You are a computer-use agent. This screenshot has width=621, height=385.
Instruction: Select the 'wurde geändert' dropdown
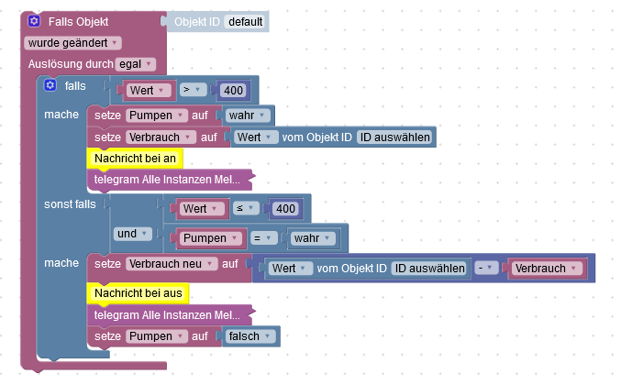point(73,42)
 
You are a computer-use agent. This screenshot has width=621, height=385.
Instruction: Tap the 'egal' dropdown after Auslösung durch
point(136,63)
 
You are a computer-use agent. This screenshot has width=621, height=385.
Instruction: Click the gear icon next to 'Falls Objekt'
point(34,20)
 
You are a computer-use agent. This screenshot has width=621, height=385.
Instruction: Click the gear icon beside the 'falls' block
point(50,85)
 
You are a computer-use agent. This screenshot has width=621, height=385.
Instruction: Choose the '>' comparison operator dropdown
point(193,90)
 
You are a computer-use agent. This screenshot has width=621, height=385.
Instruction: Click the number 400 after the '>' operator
point(233,90)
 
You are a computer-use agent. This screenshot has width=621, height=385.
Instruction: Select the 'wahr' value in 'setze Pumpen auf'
point(249,115)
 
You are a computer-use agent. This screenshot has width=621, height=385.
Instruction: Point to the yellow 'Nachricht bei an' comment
point(135,158)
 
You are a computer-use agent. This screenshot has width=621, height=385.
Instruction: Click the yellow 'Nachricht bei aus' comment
point(138,292)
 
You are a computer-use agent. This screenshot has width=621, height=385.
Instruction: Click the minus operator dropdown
point(483,268)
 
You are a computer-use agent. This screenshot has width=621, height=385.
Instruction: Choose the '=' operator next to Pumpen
point(261,238)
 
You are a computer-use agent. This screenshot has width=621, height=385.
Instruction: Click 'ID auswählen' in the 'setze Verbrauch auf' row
point(394,137)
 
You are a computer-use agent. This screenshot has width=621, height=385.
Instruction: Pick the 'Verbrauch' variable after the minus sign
point(546,268)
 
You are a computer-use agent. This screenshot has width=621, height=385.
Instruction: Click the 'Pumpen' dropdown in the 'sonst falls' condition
point(209,238)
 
